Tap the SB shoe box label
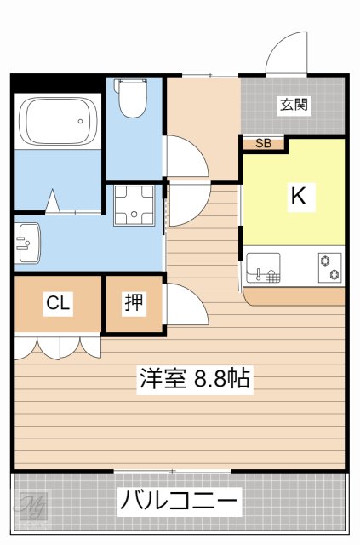point(264,144)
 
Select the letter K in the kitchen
point(298,197)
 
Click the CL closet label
point(58,303)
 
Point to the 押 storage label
point(134,303)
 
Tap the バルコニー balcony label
point(179,500)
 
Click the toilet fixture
point(133,98)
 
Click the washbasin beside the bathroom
point(26,242)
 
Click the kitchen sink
point(263,267)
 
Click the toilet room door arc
point(183,154)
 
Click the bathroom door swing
point(52,201)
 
